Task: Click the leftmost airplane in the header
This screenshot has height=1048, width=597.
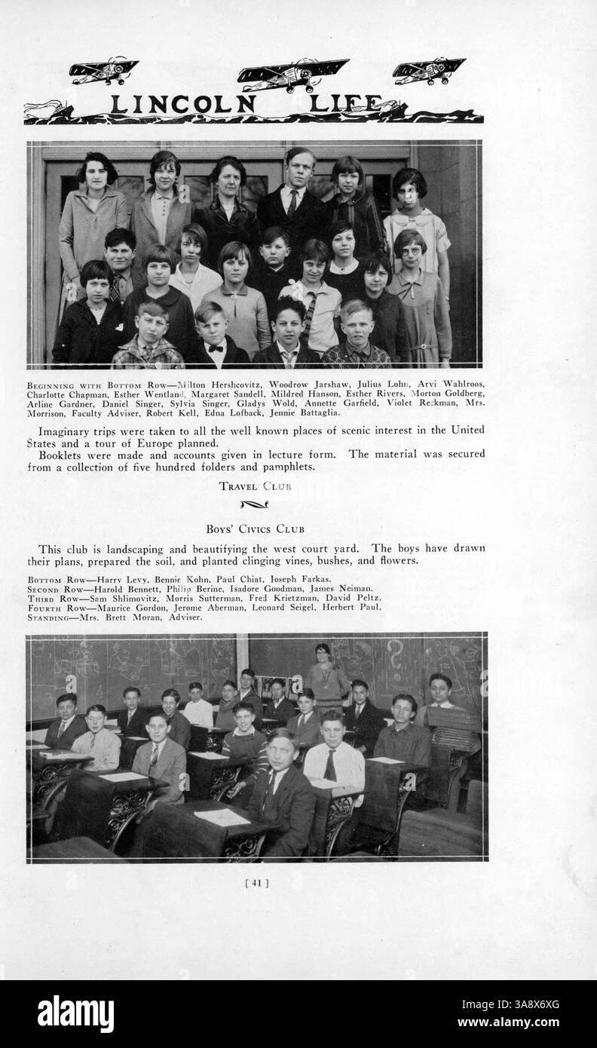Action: click(x=103, y=71)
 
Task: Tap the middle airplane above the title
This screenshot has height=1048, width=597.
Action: click(x=292, y=75)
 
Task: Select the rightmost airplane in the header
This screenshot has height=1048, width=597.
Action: click(x=428, y=69)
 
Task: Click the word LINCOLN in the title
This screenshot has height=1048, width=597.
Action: click(x=183, y=105)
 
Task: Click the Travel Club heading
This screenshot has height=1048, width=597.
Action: click(x=255, y=486)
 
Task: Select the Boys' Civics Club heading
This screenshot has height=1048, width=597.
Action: click(x=255, y=529)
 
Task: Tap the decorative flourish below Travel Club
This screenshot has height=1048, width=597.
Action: click(x=254, y=504)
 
